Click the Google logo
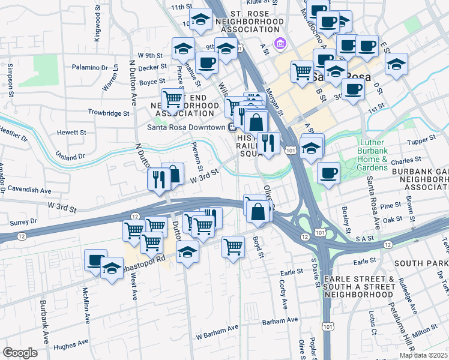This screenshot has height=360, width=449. (20, 353)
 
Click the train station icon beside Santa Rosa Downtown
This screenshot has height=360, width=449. (232, 127)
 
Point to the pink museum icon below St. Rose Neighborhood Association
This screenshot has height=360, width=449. (279, 43)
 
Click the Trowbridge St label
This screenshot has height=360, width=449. (109, 113)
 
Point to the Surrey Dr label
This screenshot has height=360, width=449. (25, 221)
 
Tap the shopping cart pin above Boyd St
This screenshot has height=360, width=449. (233, 246)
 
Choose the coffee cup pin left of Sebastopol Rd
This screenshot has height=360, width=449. (95, 260)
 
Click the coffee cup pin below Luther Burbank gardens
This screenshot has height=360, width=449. (328, 173)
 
